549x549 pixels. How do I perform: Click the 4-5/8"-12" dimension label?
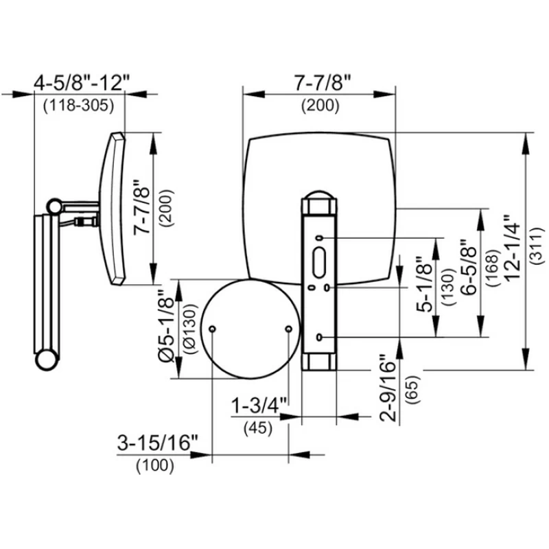click(81, 84)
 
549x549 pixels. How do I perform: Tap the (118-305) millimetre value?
click(78, 106)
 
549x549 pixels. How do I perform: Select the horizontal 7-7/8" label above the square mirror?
click(320, 84)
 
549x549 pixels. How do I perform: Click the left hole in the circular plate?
click(213, 329)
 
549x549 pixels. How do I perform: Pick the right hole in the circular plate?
click(289, 329)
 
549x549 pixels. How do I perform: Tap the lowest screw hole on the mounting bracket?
click(320, 336)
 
